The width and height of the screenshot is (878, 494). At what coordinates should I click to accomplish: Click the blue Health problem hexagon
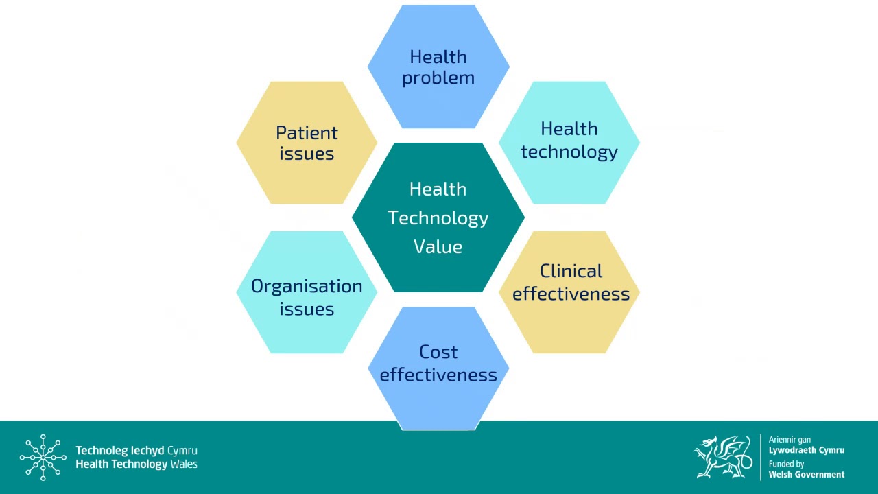point(438,67)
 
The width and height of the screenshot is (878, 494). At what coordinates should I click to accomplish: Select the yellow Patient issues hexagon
point(307,143)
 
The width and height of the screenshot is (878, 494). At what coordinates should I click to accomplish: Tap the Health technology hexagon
point(569,143)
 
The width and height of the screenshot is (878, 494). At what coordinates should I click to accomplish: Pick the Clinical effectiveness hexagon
point(571,292)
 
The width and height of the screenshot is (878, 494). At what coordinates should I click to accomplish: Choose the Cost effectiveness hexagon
point(438,368)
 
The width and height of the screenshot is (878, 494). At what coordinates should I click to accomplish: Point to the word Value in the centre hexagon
point(438,247)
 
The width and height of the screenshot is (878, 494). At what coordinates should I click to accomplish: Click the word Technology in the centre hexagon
point(438,218)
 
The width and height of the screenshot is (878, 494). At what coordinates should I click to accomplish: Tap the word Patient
point(307,132)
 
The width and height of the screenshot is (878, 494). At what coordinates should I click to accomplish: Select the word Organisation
point(307,286)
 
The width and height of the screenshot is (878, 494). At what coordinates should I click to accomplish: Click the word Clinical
point(571,271)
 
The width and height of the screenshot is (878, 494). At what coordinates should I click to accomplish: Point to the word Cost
point(438,352)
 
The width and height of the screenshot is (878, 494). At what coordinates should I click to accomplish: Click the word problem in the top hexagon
point(438,78)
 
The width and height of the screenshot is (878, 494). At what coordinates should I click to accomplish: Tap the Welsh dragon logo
point(723,456)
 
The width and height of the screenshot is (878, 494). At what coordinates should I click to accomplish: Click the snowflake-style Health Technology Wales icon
point(43,457)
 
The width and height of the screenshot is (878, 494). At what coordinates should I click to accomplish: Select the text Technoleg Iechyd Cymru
point(136,451)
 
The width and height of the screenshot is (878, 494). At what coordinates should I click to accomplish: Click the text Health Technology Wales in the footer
point(136,464)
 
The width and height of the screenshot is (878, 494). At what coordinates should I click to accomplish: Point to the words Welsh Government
point(807,474)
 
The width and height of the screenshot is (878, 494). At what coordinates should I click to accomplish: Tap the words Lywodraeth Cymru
point(807,450)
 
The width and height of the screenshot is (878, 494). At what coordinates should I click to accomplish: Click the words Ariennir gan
point(790,440)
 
